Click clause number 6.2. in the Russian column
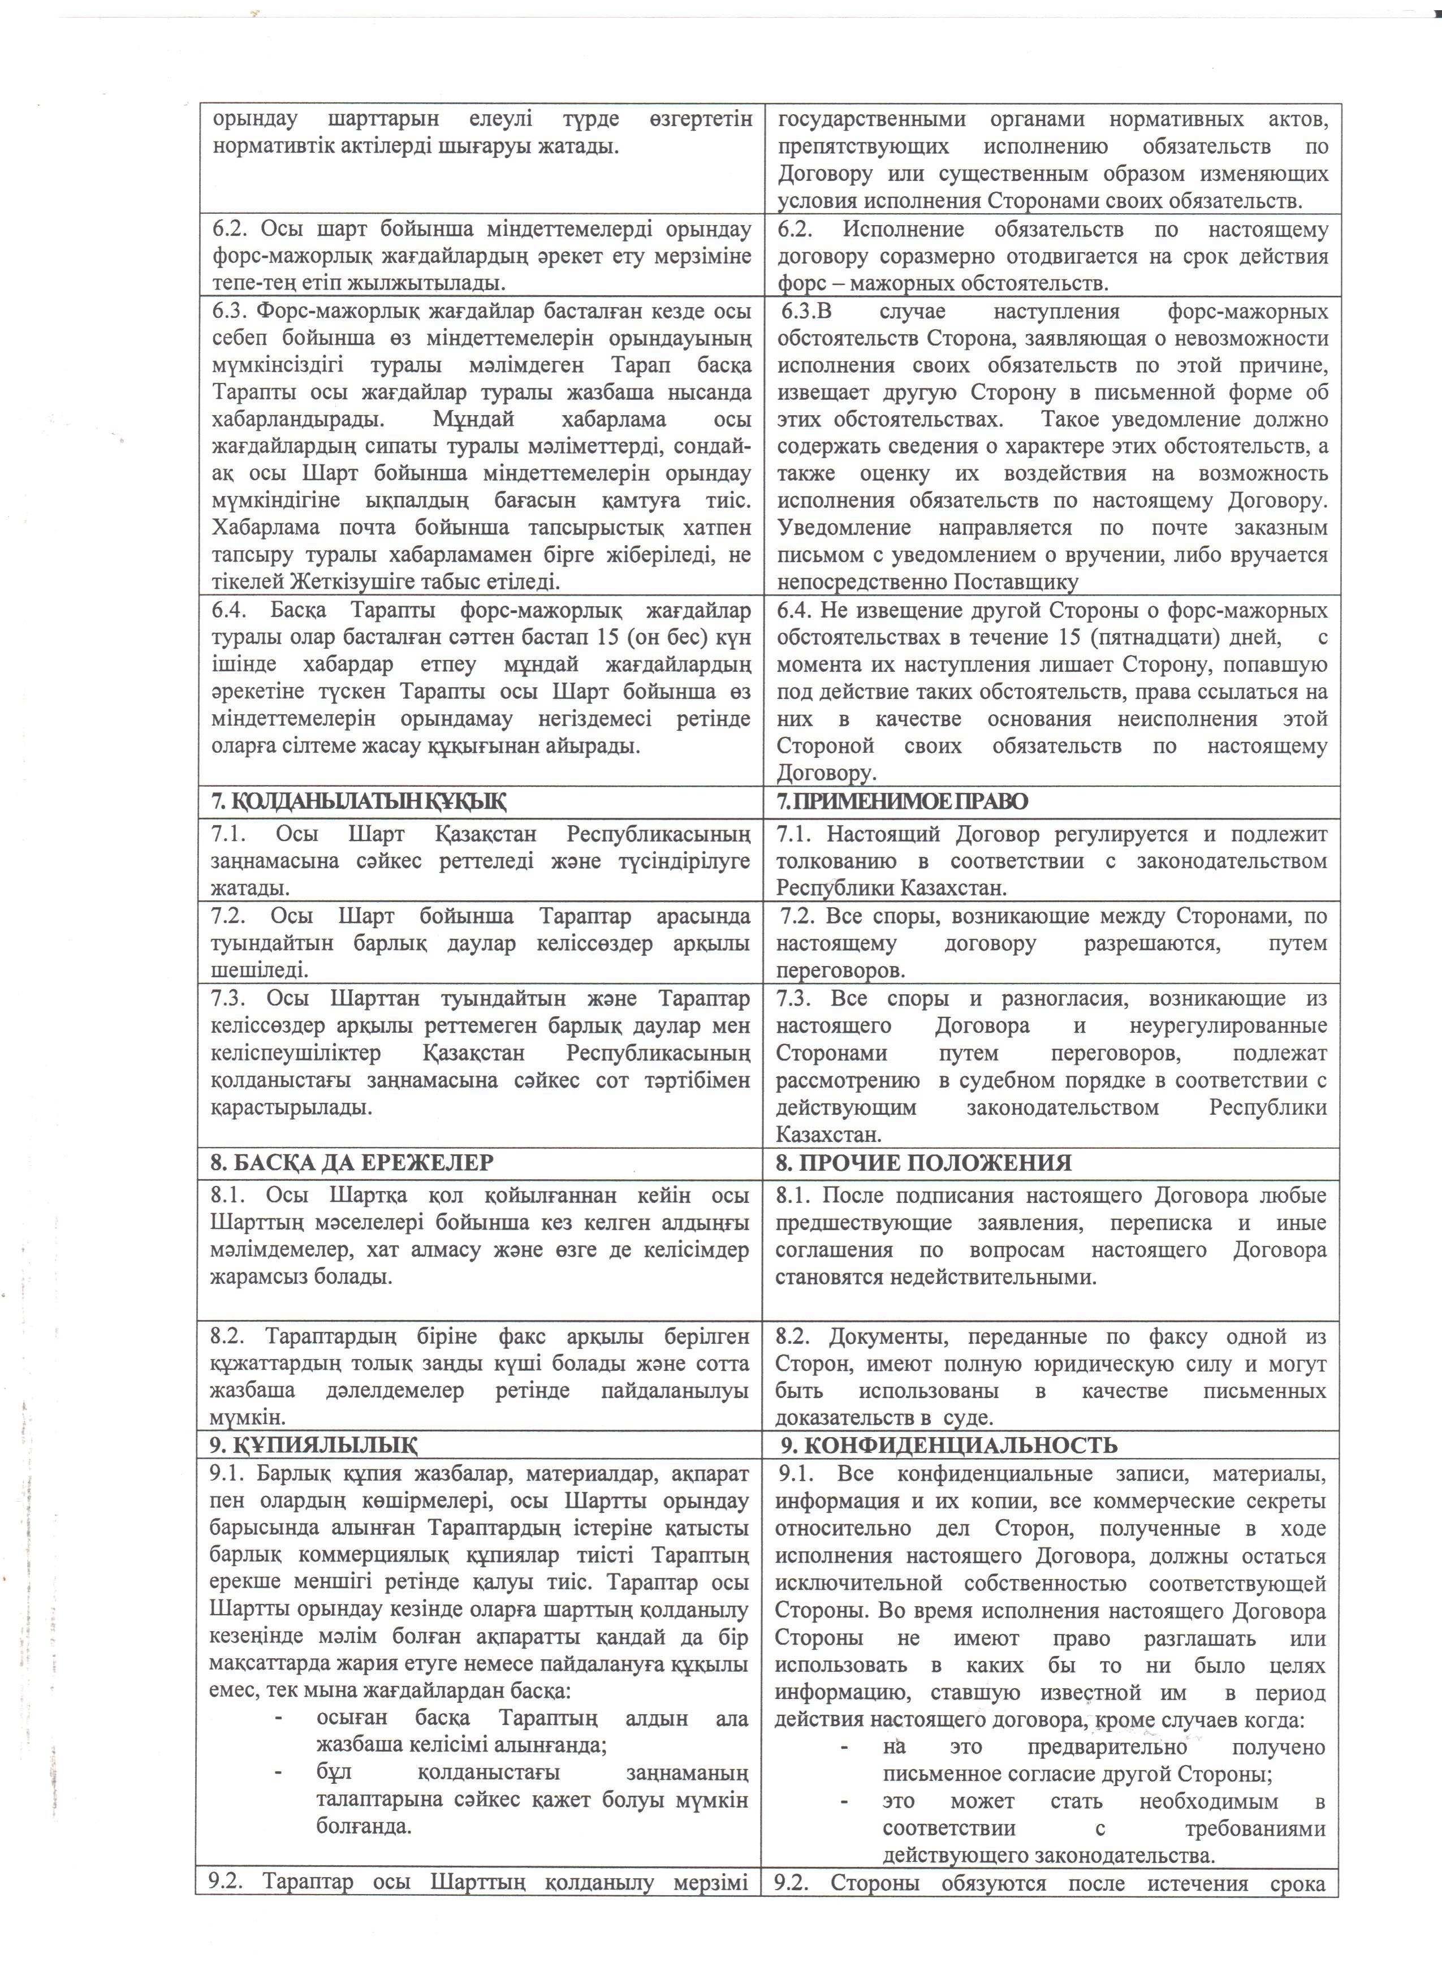795,230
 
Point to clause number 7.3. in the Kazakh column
229,998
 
